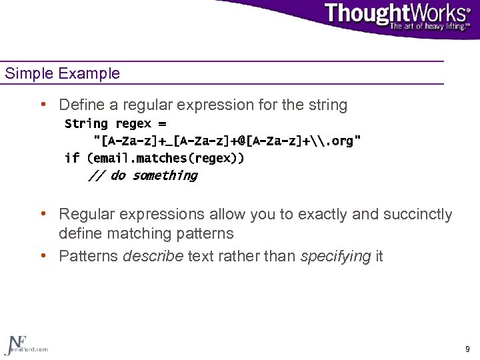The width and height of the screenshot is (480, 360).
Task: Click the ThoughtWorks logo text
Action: pos(397,13)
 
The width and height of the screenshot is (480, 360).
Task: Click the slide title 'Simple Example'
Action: pos(63,73)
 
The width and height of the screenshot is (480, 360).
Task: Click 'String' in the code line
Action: pos(86,124)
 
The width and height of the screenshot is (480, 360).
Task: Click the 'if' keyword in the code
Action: pos(72,159)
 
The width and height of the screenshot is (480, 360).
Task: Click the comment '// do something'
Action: pos(143,176)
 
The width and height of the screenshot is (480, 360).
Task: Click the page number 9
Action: pos(467,349)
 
